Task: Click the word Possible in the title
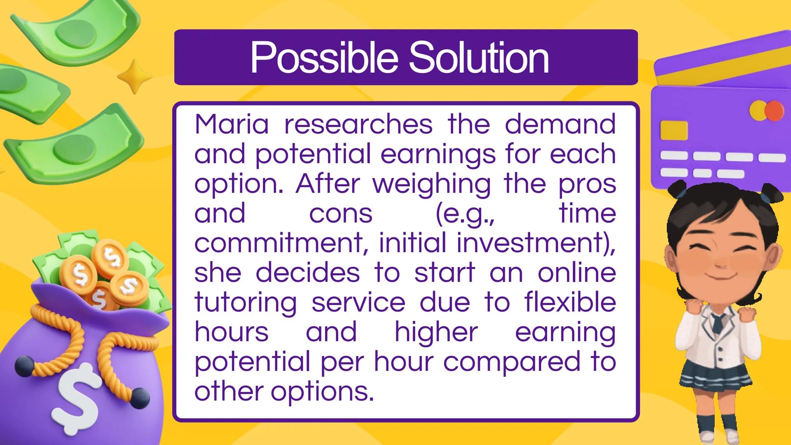(324, 58)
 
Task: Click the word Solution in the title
(479, 58)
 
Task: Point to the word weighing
(432, 184)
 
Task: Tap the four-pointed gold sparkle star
(134, 76)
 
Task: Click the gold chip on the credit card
(674, 130)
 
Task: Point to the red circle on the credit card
(774, 110)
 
